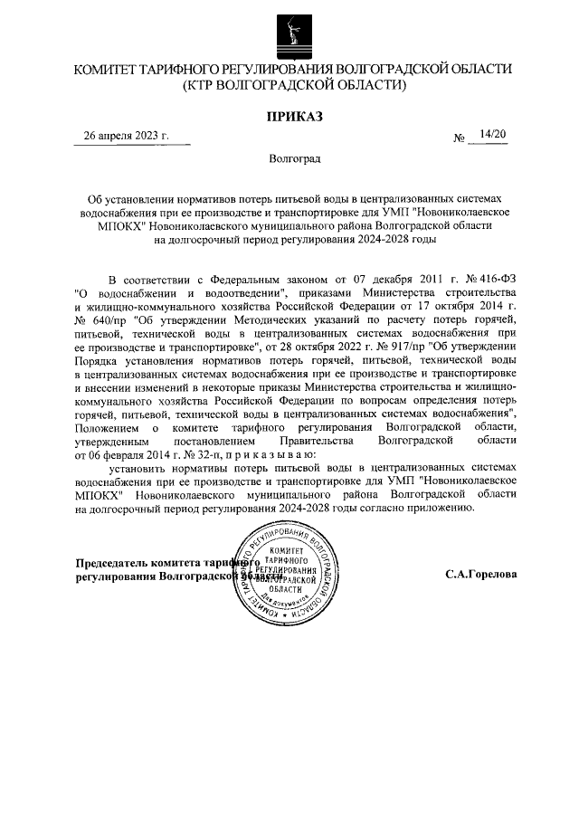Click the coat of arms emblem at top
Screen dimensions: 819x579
(x=289, y=30)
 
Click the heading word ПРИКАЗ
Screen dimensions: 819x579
(x=293, y=116)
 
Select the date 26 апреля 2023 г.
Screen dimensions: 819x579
(x=126, y=137)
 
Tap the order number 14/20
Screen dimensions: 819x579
(x=493, y=136)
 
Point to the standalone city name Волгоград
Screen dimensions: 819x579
(x=294, y=159)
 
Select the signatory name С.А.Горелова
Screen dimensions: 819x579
(x=481, y=575)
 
